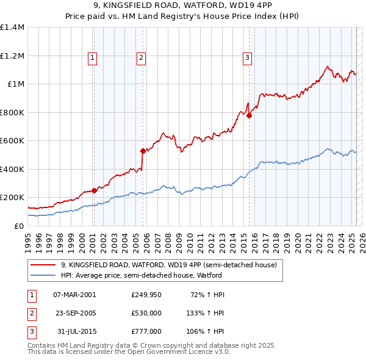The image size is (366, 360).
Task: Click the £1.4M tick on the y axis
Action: tap(12, 27)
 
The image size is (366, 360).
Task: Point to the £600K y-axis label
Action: tap(12, 141)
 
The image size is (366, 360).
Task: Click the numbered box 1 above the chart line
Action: tap(92, 58)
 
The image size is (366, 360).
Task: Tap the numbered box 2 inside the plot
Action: tap(141, 58)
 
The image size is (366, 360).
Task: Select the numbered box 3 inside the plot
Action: tap(248, 58)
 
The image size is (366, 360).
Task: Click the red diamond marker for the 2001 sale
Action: tap(95, 190)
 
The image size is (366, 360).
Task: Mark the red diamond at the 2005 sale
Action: tap(143, 151)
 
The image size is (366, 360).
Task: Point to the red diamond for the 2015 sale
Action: tap(249, 115)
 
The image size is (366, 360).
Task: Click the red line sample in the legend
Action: tap(43, 265)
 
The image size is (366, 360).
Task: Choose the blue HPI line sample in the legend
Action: tap(43, 275)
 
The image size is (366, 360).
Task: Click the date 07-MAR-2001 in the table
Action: tap(74, 295)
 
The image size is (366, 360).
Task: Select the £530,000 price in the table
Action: tap(146, 313)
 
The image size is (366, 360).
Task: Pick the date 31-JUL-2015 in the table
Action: tap(74, 331)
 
